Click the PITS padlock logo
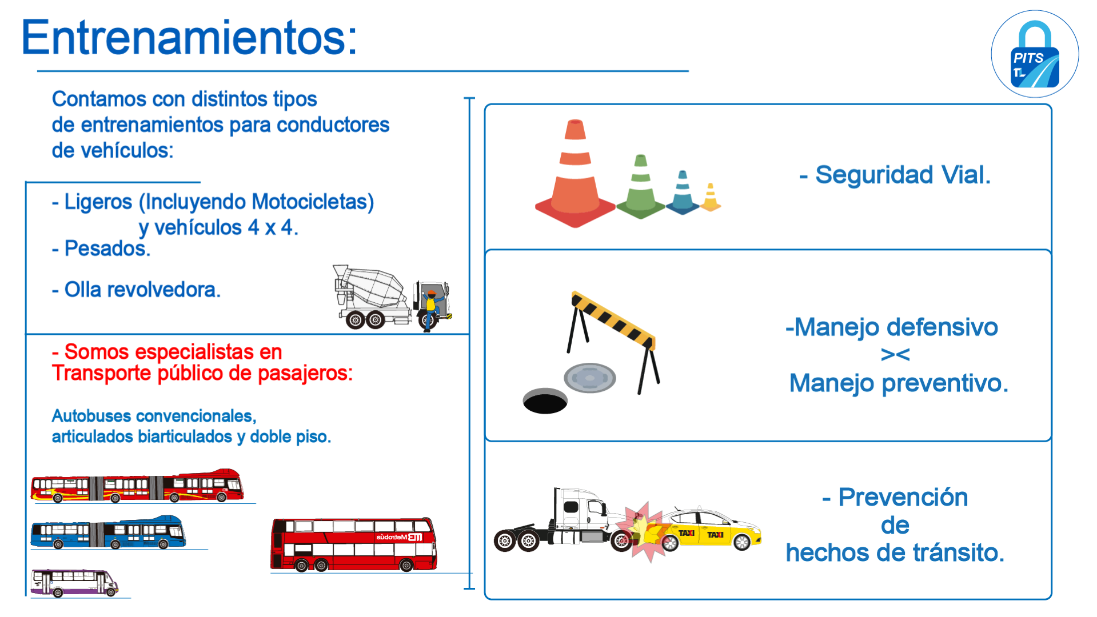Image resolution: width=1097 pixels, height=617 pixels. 1035,54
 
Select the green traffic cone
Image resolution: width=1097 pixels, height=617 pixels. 641,187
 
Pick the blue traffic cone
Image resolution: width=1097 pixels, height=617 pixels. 683,193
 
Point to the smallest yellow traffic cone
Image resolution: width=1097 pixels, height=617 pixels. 711,198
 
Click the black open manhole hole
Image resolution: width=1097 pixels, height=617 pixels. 545,401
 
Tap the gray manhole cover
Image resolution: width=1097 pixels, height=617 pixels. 589,378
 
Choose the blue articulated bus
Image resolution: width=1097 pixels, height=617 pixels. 108,532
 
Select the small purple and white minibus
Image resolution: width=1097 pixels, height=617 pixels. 74,583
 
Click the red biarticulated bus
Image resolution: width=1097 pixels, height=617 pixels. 137,486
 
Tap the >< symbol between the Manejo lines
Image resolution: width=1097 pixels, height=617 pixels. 895,355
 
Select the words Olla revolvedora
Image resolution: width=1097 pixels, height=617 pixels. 142,290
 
